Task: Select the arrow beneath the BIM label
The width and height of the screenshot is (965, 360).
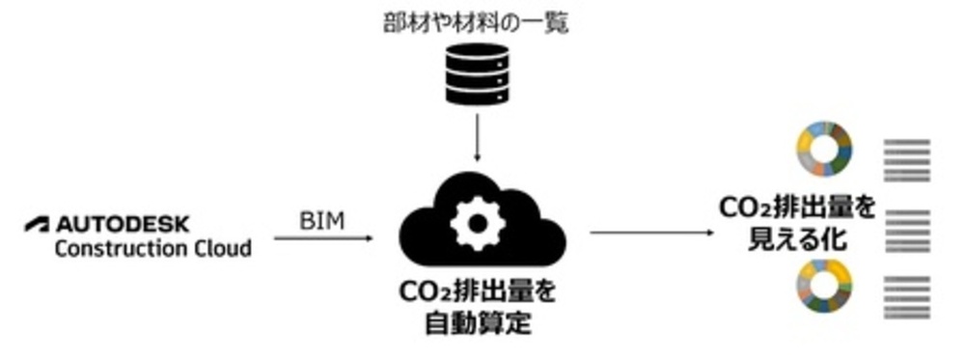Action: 323,236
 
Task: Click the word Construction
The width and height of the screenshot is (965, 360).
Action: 109,248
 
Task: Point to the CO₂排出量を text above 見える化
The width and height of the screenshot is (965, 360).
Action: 798,208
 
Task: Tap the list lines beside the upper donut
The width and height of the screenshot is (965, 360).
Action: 907,159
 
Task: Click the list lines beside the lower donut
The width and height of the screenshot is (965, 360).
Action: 907,295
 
